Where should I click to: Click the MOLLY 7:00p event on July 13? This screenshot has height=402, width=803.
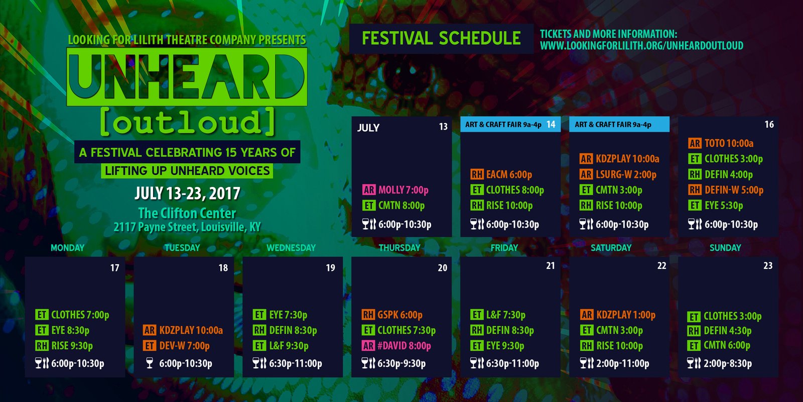point(395,190)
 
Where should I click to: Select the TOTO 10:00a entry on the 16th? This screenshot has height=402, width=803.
point(721,143)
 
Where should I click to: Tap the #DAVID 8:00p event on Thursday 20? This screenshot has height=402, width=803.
point(396,346)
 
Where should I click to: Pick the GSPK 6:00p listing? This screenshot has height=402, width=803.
point(392,315)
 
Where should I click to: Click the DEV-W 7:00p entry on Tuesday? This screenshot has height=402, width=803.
point(176,346)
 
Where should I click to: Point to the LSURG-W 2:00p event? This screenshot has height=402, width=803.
point(618,174)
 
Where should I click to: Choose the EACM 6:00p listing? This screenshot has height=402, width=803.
point(501,174)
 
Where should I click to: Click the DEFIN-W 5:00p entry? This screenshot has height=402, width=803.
point(726,190)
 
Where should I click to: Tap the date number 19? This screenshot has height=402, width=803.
point(331,268)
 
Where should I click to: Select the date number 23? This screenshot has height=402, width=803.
point(768,266)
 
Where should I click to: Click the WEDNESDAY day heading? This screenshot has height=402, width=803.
point(291,248)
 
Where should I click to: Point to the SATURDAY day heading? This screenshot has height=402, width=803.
point(611,248)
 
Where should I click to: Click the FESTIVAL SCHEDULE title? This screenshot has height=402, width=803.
point(441,38)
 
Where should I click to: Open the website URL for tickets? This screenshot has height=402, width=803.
point(642,46)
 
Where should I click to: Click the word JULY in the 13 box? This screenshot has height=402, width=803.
point(368,128)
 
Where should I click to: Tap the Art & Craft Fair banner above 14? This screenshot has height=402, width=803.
point(510,124)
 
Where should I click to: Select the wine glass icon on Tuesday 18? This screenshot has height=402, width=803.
point(150,363)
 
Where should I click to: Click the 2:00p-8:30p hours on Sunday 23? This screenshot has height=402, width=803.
point(728,363)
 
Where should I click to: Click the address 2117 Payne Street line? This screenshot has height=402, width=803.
point(187,227)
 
